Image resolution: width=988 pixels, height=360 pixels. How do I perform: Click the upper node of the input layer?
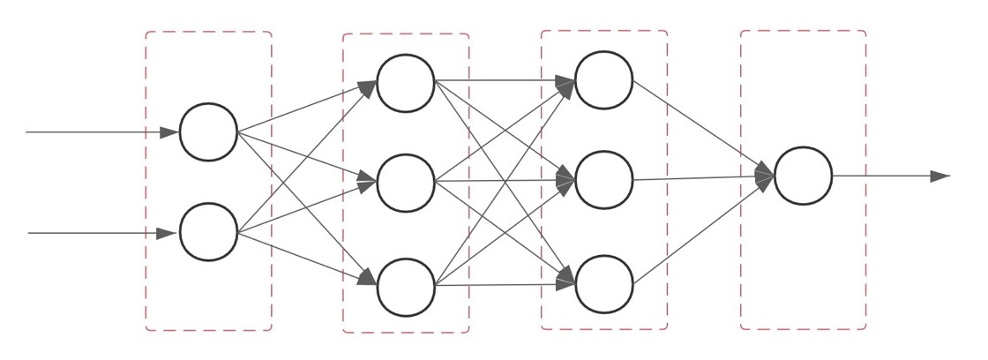pos(208,132)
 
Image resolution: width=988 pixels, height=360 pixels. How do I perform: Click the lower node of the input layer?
pos(208,232)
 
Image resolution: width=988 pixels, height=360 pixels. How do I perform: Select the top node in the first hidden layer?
pos(406,83)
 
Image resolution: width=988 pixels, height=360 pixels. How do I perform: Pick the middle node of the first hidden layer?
pos(406,183)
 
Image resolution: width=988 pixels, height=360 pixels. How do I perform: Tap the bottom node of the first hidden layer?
pos(406,287)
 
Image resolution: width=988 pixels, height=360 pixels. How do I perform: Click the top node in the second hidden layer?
pos(603,80)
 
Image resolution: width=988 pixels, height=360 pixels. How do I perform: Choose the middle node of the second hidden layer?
pos(603,180)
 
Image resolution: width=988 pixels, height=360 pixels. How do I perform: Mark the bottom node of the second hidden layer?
pos(603,284)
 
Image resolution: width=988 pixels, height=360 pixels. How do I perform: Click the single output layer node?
pos(803,176)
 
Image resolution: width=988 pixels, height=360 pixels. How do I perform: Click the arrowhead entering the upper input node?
pos(169,132)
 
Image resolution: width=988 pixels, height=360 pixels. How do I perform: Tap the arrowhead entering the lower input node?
pos(166,233)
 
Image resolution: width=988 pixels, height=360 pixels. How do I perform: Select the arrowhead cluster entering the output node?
pos(764,176)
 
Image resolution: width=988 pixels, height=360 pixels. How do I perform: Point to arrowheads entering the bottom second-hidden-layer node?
pos(566,282)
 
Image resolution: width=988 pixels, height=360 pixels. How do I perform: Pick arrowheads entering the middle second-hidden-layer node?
pos(566,181)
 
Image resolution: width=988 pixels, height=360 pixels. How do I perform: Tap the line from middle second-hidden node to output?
pos(697,178)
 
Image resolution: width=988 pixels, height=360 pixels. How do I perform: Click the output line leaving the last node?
pos(882,176)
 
